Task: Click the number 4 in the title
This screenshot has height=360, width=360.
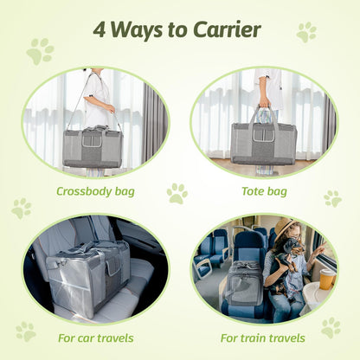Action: click(101, 29)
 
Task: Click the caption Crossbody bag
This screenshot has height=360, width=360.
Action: click(95, 191)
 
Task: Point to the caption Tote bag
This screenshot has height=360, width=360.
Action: click(264, 191)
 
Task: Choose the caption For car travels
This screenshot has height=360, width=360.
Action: click(95, 338)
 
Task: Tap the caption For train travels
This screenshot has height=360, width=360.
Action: click(264, 338)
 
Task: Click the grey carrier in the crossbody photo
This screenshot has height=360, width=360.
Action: click(93, 147)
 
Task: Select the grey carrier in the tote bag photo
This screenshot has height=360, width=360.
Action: click(263, 143)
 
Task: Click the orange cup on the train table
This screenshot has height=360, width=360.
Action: click(327, 280)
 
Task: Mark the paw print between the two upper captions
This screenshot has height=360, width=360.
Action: click(177, 193)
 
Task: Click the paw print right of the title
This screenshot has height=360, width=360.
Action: click(305, 32)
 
